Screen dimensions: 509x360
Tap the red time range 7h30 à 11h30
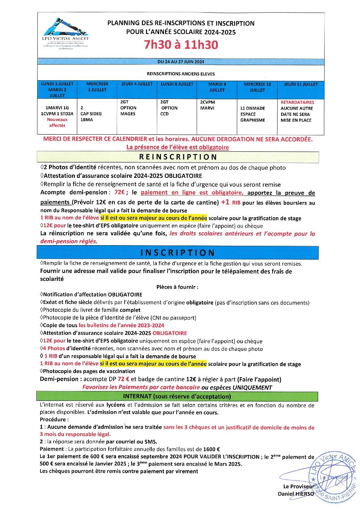[181, 45]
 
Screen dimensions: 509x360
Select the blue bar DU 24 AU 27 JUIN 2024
[181, 62]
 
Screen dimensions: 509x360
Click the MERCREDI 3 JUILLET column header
[97, 87]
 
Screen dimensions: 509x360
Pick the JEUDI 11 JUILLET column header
[301, 84]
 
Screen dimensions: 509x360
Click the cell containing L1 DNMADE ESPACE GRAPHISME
[253, 114]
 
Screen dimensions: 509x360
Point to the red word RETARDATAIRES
[297, 102]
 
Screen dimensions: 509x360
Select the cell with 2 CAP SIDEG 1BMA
[91, 114]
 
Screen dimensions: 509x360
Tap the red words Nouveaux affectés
[57, 122]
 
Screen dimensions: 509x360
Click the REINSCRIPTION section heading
[178, 157]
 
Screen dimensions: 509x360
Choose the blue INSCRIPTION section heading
[178, 253]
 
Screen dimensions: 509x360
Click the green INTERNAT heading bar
[177, 396]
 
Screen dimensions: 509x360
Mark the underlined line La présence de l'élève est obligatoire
[178, 147]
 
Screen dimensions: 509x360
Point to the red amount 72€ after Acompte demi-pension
[119, 192]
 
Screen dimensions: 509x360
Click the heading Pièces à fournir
[177, 287]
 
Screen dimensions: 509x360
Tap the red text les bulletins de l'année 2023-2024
[121, 325]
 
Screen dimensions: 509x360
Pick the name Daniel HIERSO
[296, 494]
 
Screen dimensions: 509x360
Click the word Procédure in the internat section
[54, 420]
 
